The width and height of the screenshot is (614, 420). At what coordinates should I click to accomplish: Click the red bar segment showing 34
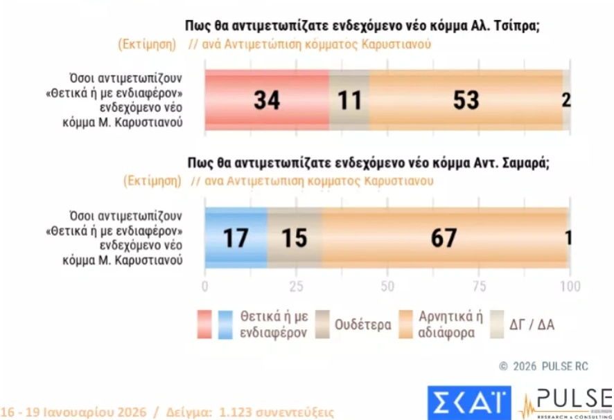266,100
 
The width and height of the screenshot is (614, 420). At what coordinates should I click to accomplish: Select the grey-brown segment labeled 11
349,100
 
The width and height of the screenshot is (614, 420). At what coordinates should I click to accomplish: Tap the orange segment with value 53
466,100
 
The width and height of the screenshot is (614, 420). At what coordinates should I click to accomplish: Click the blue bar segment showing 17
236,238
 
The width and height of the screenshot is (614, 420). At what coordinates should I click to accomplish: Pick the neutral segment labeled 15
294,238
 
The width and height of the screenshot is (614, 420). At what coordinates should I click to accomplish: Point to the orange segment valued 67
444,238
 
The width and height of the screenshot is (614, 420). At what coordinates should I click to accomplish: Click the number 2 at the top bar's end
566,100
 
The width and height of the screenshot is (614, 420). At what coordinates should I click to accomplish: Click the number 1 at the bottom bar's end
568,238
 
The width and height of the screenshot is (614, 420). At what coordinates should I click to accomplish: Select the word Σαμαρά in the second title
524,163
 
